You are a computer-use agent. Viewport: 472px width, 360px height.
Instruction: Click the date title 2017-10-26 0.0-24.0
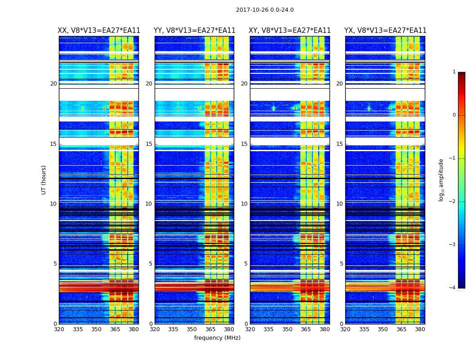(x=265, y=10)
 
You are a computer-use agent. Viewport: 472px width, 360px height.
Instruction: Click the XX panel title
(x=99, y=31)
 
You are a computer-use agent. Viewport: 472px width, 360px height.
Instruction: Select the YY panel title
(x=194, y=31)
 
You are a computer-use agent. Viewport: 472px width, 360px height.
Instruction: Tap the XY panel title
(x=290, y=31)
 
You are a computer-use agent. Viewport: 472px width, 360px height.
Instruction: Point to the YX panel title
(x=385, y=31)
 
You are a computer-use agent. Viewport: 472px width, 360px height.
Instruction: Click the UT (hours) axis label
(x=44, y=180)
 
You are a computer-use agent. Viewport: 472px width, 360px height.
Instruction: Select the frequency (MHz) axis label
(x=217, y=338)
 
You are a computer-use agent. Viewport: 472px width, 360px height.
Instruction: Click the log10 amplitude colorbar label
(x=441, y=180)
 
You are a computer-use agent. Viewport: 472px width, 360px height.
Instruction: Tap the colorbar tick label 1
(x=454, y=72)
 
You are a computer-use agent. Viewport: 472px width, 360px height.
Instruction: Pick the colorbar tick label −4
(x=453, y=288)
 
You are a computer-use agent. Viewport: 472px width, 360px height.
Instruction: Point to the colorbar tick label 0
(x=454, y=115)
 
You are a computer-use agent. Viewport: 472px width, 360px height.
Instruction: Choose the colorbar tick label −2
(x=453, y=202)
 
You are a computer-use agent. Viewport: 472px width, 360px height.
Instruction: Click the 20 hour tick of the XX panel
(x=53, y=84)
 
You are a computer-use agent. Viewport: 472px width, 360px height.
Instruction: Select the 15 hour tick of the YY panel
(x=149, y=144)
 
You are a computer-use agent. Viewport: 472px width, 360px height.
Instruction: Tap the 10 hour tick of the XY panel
(x=244, y=204)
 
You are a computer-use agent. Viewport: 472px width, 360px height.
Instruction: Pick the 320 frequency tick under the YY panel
(x=155, y=329)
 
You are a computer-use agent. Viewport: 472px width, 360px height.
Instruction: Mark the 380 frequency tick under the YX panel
(x=420, y=329)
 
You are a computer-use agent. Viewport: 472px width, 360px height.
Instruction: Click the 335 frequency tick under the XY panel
(x=269, y=329)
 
